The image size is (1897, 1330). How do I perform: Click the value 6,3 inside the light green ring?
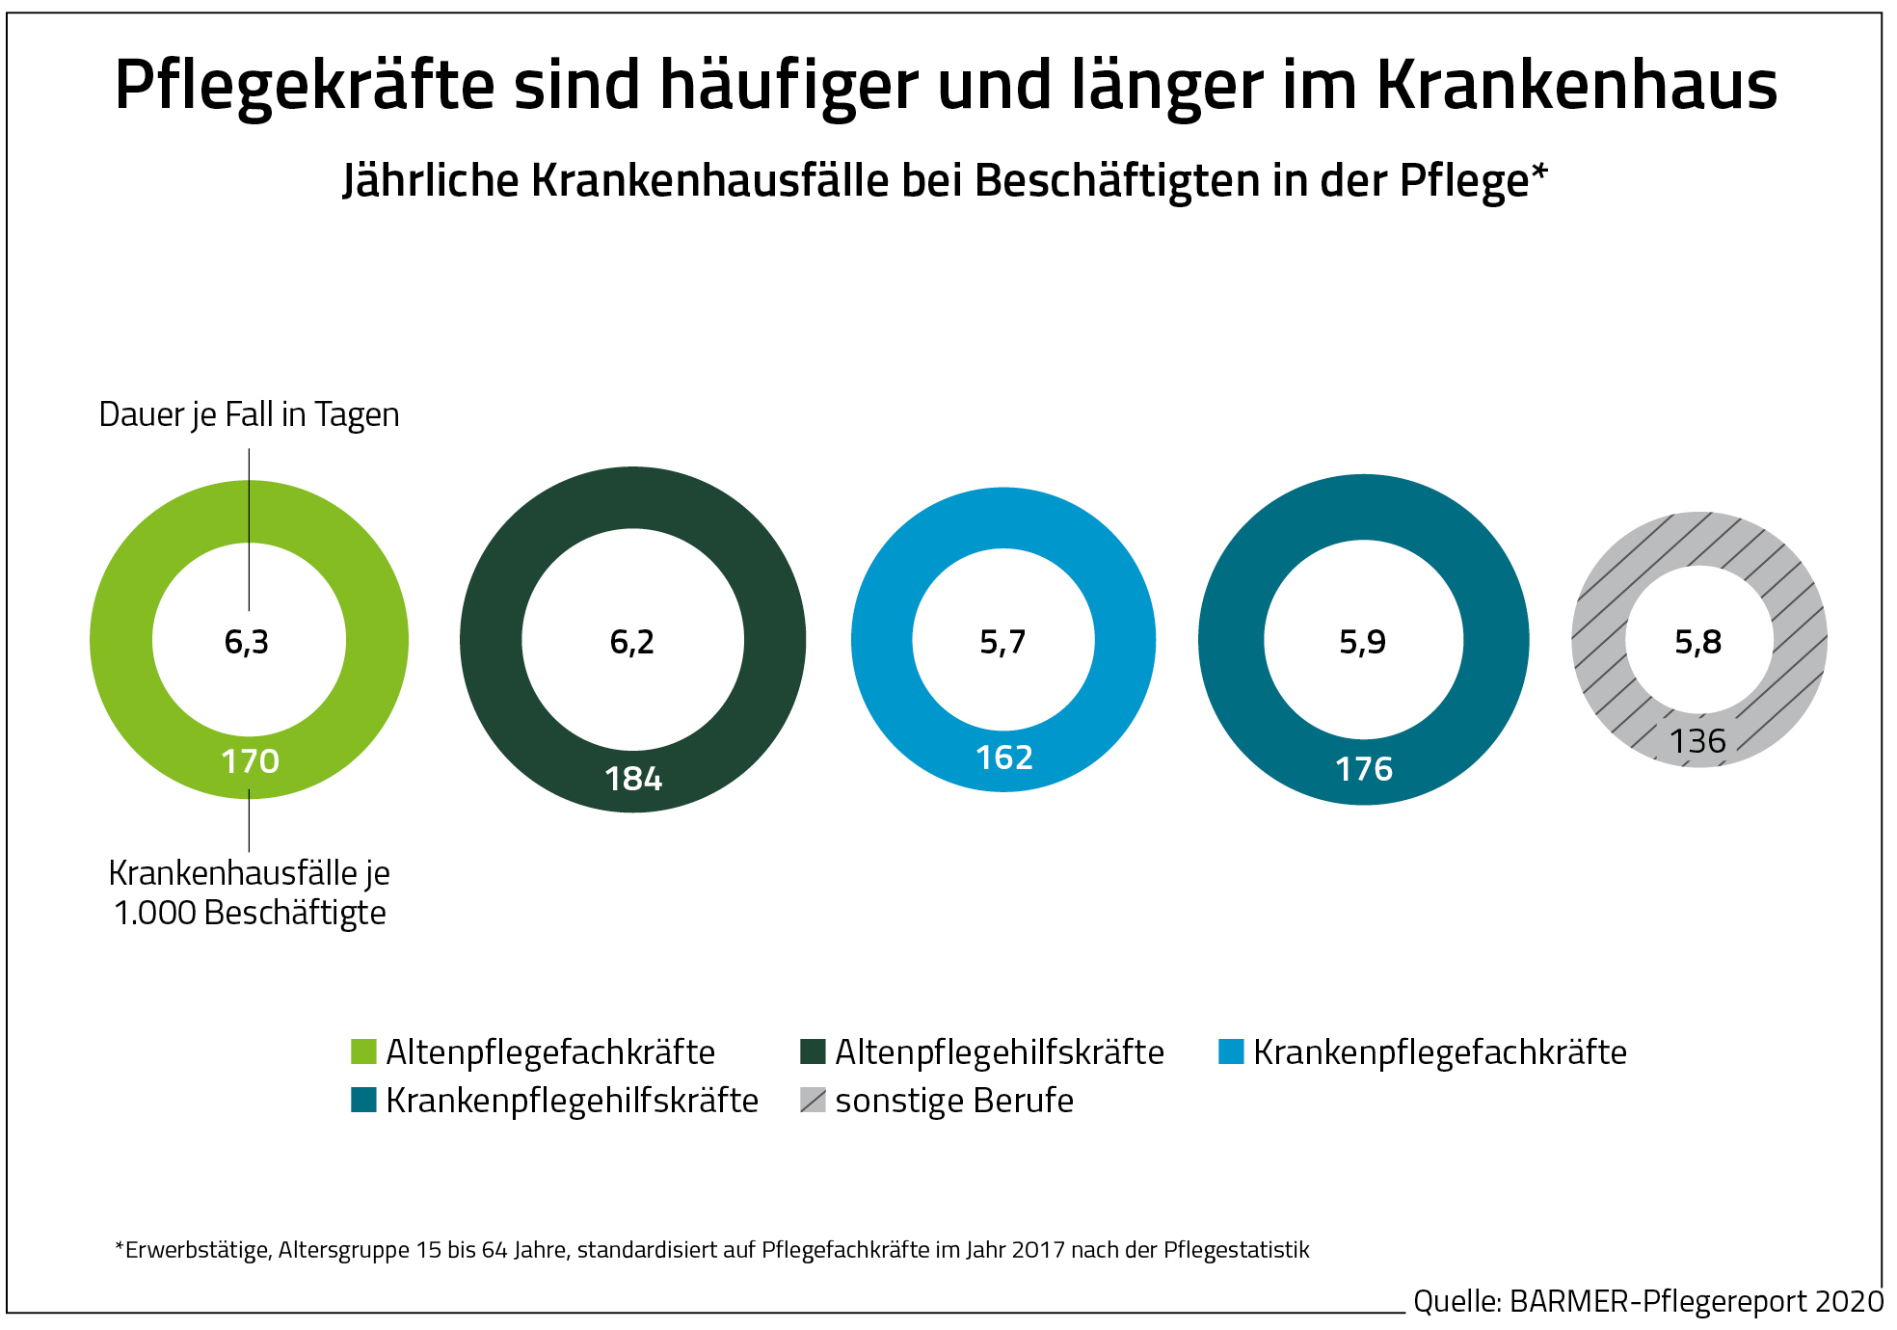pos(247,642)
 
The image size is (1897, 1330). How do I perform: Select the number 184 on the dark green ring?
pos(633,779)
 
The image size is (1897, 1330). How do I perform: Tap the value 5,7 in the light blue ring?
pos(1002,642)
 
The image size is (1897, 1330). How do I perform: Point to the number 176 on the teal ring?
pos(1363,769)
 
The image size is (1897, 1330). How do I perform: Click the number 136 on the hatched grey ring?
pos(1697,741)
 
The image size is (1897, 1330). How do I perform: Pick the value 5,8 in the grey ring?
pos(1697,642)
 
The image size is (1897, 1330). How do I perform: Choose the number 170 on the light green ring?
pos(250,761)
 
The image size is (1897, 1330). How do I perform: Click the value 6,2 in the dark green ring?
pos(632,642)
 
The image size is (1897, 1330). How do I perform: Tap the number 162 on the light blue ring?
pos(1003,758)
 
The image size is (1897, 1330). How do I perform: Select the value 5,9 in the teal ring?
pos(1362,642)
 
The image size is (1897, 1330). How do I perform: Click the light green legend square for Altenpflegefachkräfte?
pos(363,1051)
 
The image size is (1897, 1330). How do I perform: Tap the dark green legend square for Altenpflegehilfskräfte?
pos(813,1051)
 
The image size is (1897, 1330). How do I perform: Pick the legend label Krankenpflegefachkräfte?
pos(1439,1052)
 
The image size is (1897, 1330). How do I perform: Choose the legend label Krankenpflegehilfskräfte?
pos(572,1101)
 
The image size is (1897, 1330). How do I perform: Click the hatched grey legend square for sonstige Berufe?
pos(813,1101)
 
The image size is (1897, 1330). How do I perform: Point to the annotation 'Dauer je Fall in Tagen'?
pos(249,414)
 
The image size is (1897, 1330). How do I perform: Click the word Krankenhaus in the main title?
pos(1576,85)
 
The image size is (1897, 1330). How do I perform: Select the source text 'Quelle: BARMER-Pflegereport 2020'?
pos(1647,1301)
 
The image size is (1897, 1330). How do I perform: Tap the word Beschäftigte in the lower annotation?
pos(295,913)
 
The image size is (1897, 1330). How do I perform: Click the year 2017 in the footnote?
pos(1038,1250)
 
